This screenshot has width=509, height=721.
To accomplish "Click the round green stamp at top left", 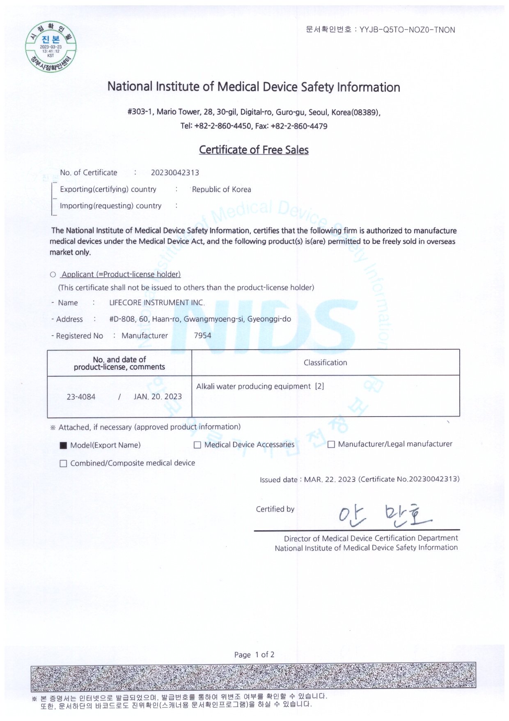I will tap(51, 47).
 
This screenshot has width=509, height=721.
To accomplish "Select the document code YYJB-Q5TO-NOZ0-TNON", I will tap(407, 30).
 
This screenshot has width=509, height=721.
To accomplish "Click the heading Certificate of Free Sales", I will tap(254, 150).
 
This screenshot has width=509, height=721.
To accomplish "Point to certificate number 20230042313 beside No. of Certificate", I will tap(175, 173).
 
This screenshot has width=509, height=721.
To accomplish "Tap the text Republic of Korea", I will tap(221, 189).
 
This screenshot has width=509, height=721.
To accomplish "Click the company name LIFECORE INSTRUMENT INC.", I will tap(157, 303).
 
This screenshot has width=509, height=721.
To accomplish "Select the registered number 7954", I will tap(202, 336).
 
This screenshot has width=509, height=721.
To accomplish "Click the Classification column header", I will tap(325, 363).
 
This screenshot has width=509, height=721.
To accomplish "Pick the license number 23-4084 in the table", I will tap(81, 397).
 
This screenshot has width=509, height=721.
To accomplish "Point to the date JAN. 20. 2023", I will tap(158, 397).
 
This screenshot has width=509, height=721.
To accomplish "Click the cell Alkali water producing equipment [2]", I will tap(260, 387).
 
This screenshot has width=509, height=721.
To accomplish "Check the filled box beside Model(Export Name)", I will tap(64, 446).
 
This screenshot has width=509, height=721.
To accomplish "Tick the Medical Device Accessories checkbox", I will tap(197, 445).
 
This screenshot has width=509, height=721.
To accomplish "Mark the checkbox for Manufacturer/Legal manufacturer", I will tap(331, 445).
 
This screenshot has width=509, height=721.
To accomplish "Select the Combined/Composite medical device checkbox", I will tap(64, 464).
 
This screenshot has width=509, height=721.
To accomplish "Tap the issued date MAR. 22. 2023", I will tap(330, 479).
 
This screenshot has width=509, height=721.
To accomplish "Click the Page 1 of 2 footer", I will tap(254, 655).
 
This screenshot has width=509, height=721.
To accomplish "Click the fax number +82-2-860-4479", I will tap(299, 127).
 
